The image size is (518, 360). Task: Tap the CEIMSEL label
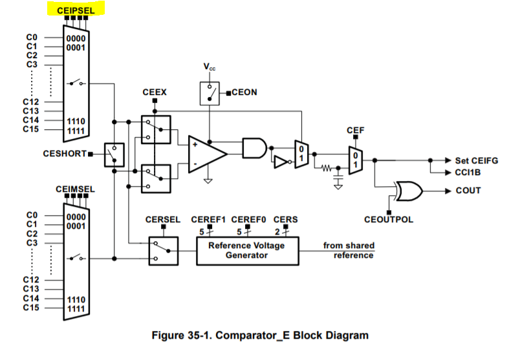[x=75, y=189]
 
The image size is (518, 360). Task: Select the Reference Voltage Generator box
[x=248, y=250]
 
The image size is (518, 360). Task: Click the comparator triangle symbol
[x=206, y=153]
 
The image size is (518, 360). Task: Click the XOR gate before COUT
[x=407, y=191]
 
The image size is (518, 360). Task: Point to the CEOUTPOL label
[x=389, y=220]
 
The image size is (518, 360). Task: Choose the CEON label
[x=244, y=92]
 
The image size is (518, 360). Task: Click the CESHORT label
[x=65, y=153]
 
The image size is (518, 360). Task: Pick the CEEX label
[x=155, y=92]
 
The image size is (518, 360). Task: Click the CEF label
[x=356, y=130]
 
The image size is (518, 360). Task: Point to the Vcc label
[x=210, y=67]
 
